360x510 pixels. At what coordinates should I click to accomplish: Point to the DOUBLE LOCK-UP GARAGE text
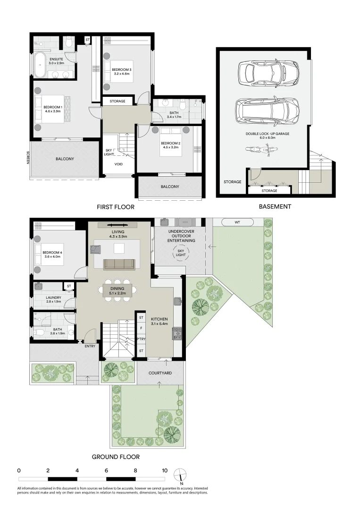[267, 134]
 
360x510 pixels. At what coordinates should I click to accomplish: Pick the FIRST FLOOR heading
[116, 207]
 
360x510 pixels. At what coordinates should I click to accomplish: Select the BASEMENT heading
[275, 206]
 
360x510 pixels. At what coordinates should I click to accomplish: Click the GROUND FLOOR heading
[116, 457]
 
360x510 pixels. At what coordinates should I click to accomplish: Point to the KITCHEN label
[159, 319]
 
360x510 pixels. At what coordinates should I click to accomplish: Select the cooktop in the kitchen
[177, 333]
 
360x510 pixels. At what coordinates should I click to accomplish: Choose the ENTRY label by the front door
[90, 346]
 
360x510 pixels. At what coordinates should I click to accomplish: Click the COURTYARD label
[159, 373]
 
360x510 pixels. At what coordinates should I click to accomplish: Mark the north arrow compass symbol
[181, 474]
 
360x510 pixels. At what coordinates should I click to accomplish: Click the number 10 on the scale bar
[165, 470]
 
